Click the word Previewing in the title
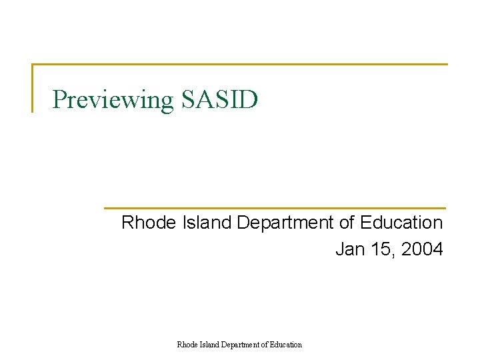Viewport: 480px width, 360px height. pos(112,100)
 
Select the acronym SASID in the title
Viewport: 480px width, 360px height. pos(218,99)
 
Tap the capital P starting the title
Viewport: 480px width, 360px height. pos(59,99)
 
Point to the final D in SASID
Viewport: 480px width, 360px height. pos(249,99)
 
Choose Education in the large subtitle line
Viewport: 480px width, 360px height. pos(401,222)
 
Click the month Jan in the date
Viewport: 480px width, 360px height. pos(349,249)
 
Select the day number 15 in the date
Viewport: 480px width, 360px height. pos(380,249)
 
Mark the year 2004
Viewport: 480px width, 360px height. pos(422,249)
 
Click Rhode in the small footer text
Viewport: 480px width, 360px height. pos(187,345)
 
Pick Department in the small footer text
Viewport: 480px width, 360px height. pos(240,345)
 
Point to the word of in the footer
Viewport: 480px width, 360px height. pos(264,345)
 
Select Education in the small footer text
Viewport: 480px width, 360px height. pos(285,345)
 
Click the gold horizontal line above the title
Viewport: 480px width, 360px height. pos(240,65)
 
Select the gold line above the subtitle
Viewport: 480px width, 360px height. pos(275,208)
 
